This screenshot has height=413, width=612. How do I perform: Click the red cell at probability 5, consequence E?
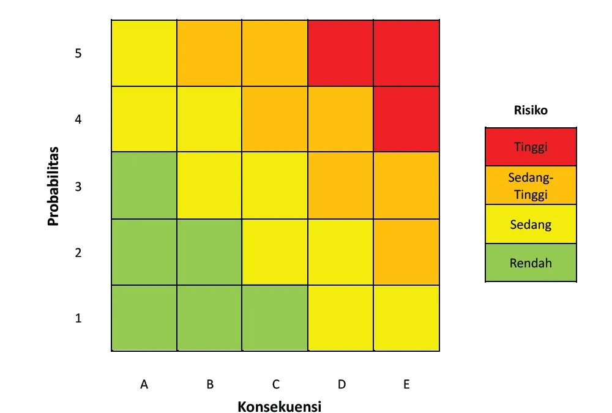407,53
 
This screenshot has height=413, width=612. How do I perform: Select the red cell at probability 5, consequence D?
341,53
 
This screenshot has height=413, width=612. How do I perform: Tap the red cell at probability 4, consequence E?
407,119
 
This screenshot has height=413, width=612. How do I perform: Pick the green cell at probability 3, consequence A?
144,185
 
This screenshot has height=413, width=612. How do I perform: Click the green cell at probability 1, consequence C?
275,318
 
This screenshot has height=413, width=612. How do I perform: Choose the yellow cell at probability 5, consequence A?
144,53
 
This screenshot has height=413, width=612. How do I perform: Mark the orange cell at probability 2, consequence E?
407,252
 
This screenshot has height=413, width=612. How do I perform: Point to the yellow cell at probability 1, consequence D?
341,318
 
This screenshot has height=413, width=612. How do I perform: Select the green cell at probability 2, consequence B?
210,252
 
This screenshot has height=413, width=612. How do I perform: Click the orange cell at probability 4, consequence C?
275,119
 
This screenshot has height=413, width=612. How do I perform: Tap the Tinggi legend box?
531,147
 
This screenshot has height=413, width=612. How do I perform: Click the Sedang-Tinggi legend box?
531,185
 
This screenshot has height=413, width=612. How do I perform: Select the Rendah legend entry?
531,263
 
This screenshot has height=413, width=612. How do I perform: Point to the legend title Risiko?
531,111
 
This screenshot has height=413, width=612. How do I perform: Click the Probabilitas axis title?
54,185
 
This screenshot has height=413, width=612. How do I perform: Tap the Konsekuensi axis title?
280,406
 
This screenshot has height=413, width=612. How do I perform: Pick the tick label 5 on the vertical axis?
78,53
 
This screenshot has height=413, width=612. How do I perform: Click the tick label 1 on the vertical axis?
78,318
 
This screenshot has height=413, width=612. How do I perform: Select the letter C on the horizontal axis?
276,384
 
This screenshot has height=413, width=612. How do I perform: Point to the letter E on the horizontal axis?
406,384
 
